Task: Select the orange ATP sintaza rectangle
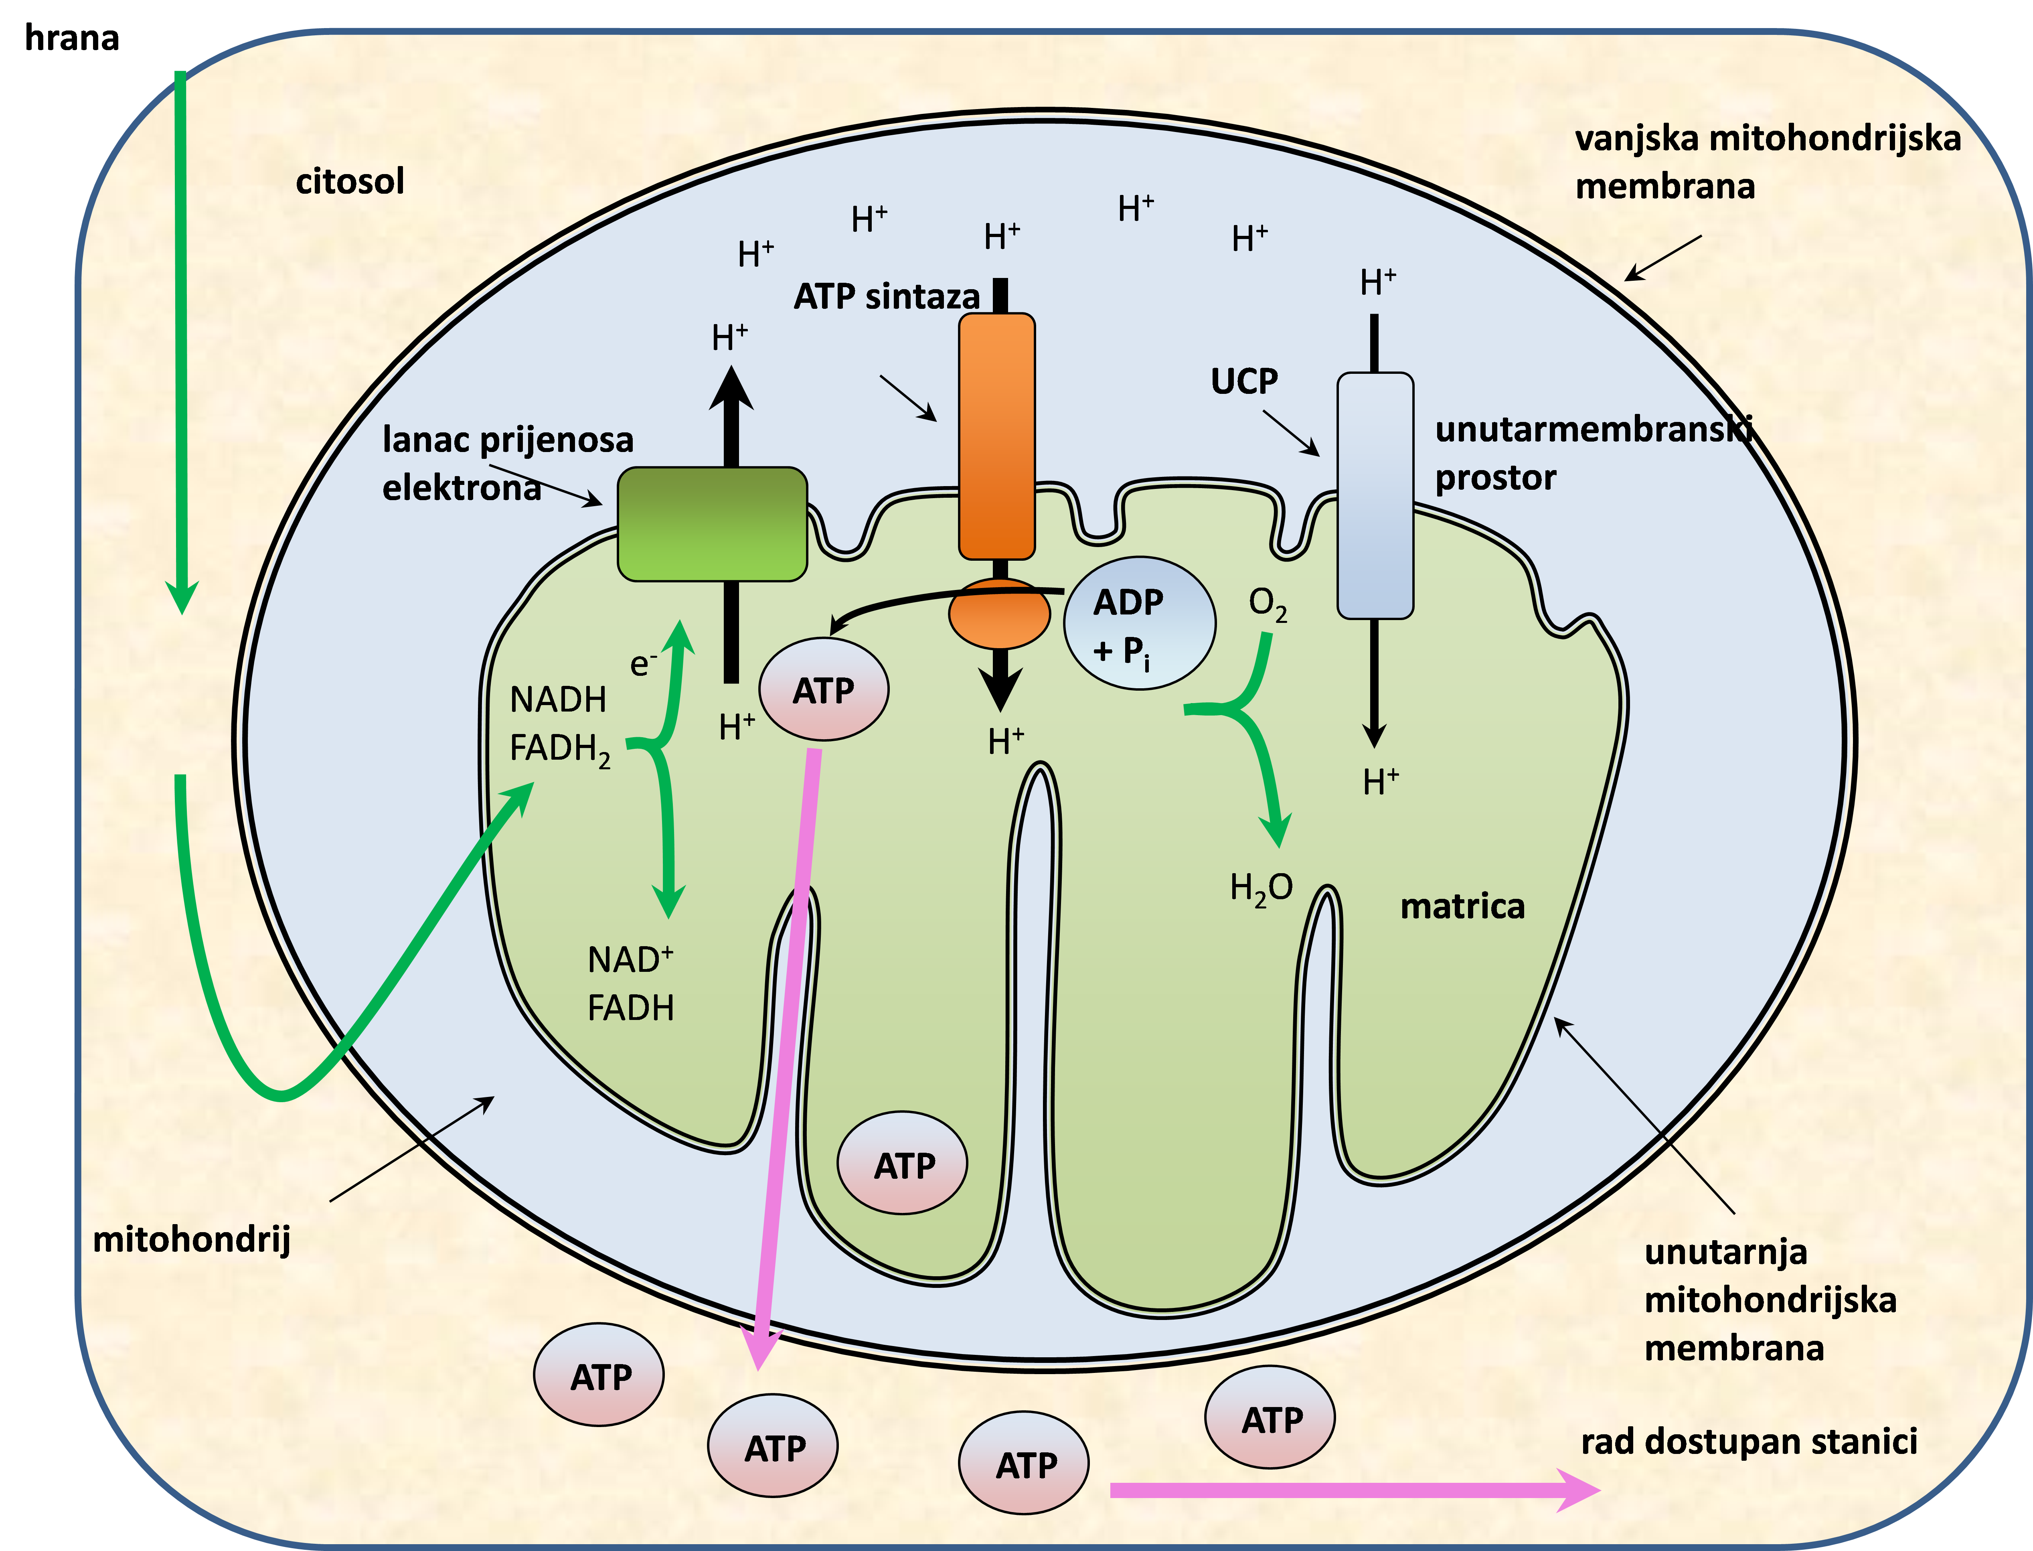997,436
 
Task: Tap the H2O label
1261,888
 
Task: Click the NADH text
557,700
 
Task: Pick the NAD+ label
630,960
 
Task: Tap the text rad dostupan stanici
1749,1441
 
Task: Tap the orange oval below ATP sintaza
999,613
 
